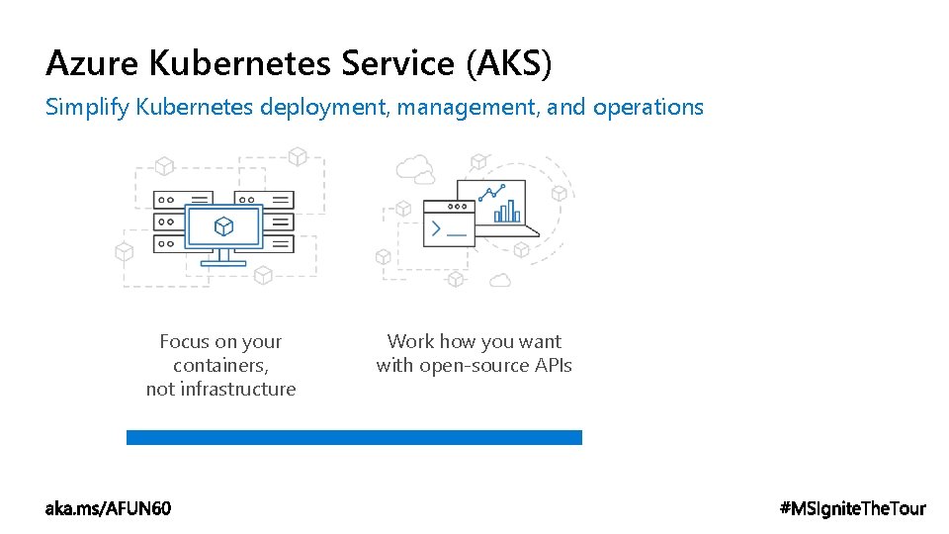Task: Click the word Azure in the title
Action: [x=93, y=63]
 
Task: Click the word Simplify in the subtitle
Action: [x=87, y=107]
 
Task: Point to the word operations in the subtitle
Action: [x=647, y=107]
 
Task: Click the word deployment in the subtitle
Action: [x=324, y=107]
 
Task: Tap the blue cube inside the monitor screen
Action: [x=224, y=226]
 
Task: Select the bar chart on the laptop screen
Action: [x=507, y=210]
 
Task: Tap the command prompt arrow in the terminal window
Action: [x=433, y=229]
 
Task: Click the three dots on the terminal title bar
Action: [x=458, y=207]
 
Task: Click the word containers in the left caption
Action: [x=219, y=365]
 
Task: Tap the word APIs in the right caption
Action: [x=553, y=365]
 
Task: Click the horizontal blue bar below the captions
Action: [x=354, y=437]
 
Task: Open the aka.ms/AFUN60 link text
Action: [x=108, y=508]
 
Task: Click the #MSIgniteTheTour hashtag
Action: [x=853, y=508]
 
